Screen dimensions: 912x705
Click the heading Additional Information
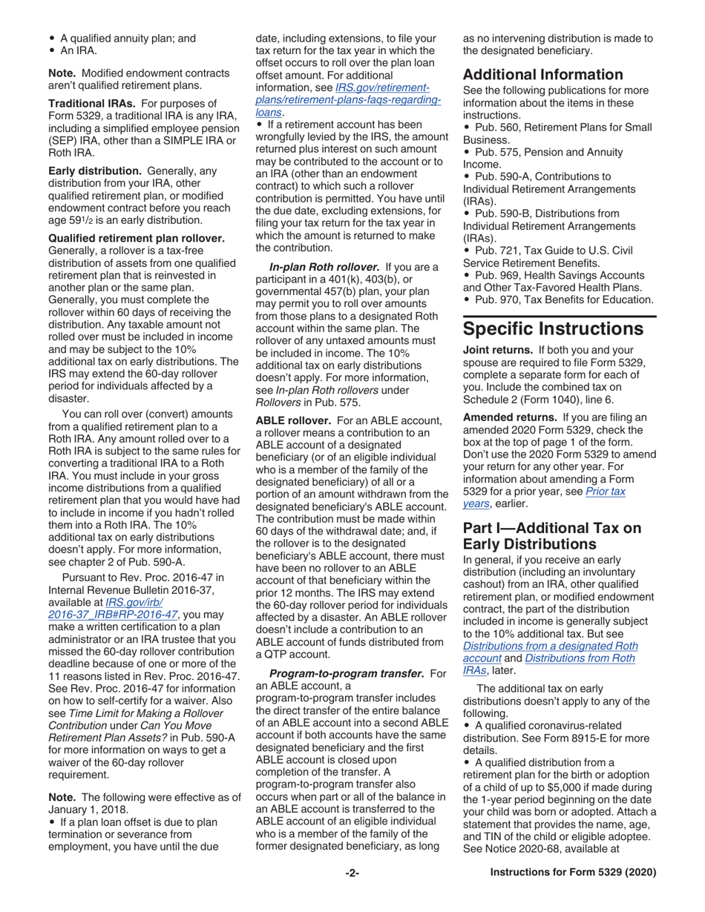tap(542, 75)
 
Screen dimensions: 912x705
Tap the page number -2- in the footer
tap(352, 873)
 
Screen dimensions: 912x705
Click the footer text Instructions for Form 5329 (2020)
tap(574, 873)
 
